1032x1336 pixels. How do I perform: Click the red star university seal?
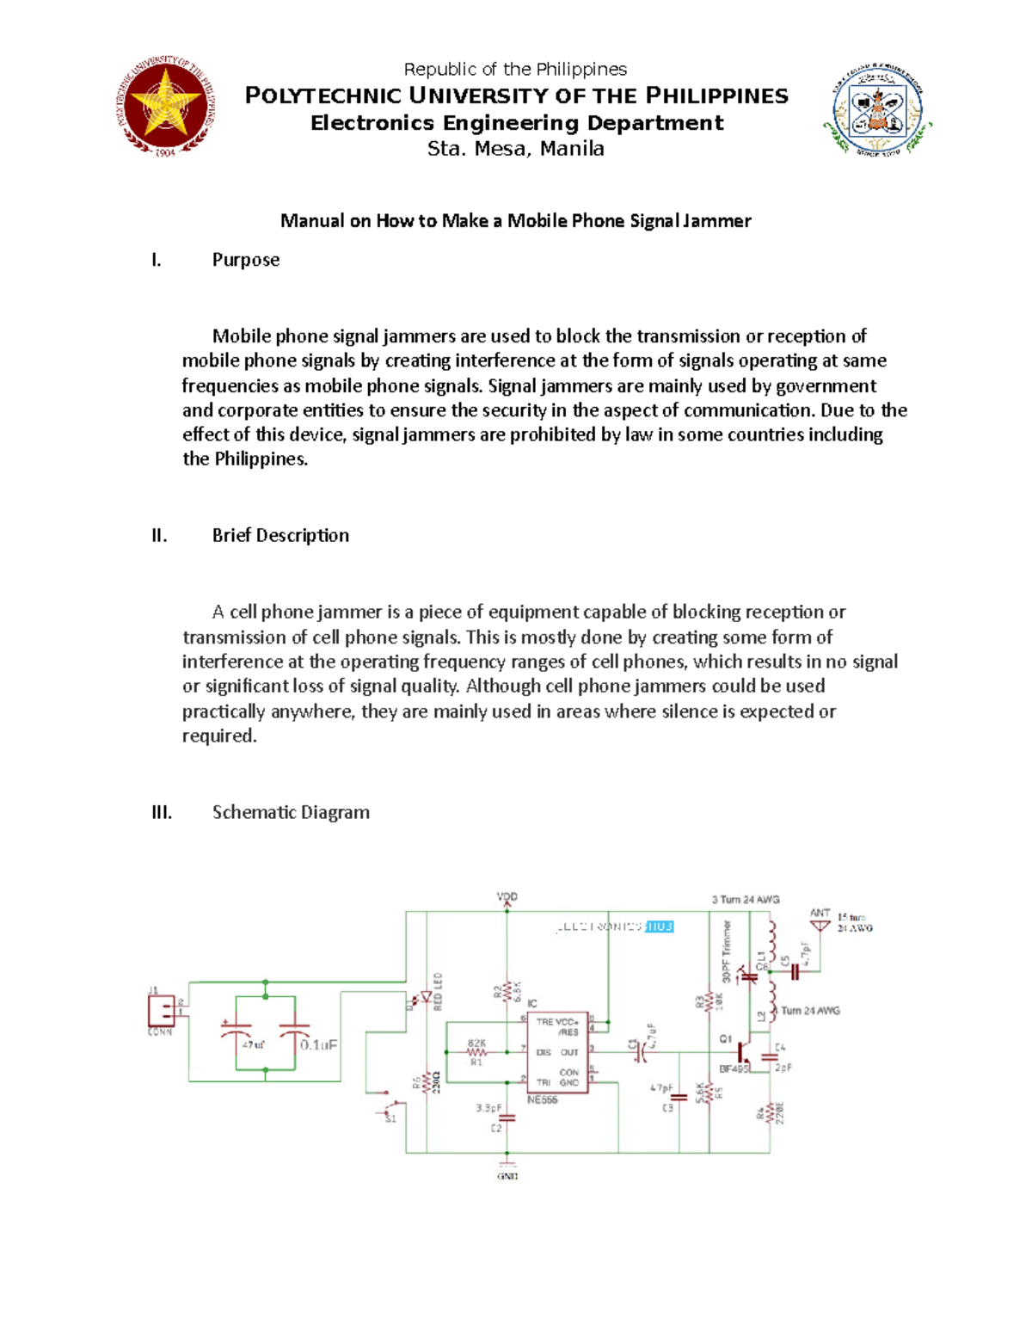pos(165,107)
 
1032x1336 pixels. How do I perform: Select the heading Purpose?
pos(246,260)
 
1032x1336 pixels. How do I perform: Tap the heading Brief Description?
pos(280,536)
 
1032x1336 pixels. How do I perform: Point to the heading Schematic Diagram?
pos(291,813)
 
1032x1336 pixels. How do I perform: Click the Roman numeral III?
pos(162,813)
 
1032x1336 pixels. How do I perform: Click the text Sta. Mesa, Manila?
pos(516,149)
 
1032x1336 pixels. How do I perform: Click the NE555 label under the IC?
pos(542,1100)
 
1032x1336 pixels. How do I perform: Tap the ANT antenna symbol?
pos(820,924)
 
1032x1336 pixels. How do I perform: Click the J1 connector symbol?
pos(161,1010)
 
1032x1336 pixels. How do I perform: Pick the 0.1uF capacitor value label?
pos(318,1045)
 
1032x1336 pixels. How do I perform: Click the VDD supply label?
pos(507,897)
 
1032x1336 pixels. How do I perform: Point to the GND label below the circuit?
pos(507,1176)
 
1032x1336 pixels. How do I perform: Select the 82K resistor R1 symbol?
pos(476,1051)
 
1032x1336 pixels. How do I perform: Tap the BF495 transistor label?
pos(734,1069)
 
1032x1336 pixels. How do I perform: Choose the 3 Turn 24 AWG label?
pos(745,900)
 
